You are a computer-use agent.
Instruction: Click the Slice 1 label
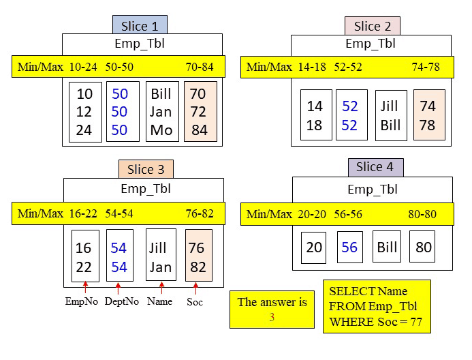(140, 26)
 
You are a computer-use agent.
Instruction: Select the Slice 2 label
(372, 26)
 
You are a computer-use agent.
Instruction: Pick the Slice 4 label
(375, 167)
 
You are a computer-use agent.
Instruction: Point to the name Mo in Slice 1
(161, 130)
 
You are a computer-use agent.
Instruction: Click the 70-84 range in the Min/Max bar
(200, 66)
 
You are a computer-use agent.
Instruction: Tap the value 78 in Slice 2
(428, 125)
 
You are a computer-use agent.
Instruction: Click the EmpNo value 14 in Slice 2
(315, 107)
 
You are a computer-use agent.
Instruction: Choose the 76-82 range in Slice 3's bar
(200, 213)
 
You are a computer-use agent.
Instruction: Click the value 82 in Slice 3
(197, 267)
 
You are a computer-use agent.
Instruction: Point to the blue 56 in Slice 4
(349, 247)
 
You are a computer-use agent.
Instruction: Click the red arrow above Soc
(195, 288)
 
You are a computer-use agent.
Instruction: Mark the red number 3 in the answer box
(272, 317)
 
